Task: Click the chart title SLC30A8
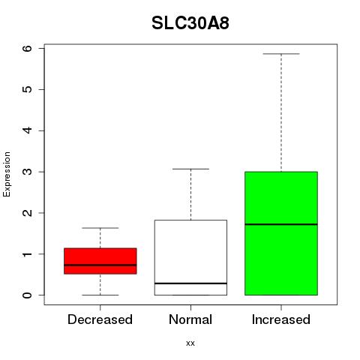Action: [x=190, y=23]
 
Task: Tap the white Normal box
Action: [x=190, y=257]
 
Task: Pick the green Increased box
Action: [x=281, y=233]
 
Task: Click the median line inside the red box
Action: [x=100, y=265]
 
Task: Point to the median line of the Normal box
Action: [x=190, y=283]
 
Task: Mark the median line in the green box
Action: [x=281, y=224]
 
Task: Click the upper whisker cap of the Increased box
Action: [x=281, y=54]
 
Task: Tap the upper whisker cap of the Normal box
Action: [x=190, y=169]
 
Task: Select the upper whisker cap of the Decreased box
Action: [x=100, y=228]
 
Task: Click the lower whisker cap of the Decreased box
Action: [x=100, y=295]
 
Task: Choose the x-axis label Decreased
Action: [x=100, y=319]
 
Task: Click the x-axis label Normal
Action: [x=190, y=319]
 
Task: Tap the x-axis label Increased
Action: [x=281, y=319]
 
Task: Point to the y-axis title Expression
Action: [x=7, y=174]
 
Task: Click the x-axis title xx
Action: [x=190, y=343]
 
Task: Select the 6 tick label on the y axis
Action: [x=28, y=48]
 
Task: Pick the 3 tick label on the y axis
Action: [x=28, y=172]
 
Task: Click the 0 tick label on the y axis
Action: [x=28, y=295]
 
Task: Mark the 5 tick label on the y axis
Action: [x=28, y=89]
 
